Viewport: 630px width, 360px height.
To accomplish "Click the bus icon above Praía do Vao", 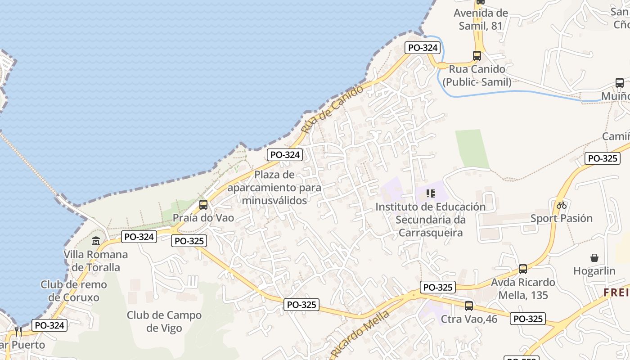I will (203, 205).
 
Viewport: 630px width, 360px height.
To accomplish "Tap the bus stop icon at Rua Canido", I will (477, 56).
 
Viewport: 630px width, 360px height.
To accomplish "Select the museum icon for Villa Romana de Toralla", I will (95, 241).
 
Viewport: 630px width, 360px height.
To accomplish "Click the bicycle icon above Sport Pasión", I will (561, 205).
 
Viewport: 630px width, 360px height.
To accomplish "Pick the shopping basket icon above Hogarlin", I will (594, 258).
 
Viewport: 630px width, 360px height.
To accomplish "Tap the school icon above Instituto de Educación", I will (430, 193).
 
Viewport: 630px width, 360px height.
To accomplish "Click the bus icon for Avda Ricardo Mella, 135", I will (522, 269).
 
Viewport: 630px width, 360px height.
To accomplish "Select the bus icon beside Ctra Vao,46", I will (469, 306).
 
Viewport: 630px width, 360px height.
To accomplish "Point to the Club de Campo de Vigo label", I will (164, 321).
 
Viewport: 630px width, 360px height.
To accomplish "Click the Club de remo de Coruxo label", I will (74, 291).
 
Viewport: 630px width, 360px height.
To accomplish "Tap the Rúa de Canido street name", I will (332, 109).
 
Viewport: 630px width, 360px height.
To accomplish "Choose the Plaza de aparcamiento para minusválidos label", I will (274, 187).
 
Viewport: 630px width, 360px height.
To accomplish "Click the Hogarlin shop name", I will (594, 271).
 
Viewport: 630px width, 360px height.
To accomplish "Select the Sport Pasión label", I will (562, 218).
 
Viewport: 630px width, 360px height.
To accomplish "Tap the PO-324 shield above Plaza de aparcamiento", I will (285, 155).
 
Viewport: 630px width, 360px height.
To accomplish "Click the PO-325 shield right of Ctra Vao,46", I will (528, 319).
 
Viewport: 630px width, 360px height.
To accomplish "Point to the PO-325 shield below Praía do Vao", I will (189, 241).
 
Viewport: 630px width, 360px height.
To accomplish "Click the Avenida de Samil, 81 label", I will (481, 19).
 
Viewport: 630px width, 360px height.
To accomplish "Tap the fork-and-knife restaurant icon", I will (18, 331).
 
